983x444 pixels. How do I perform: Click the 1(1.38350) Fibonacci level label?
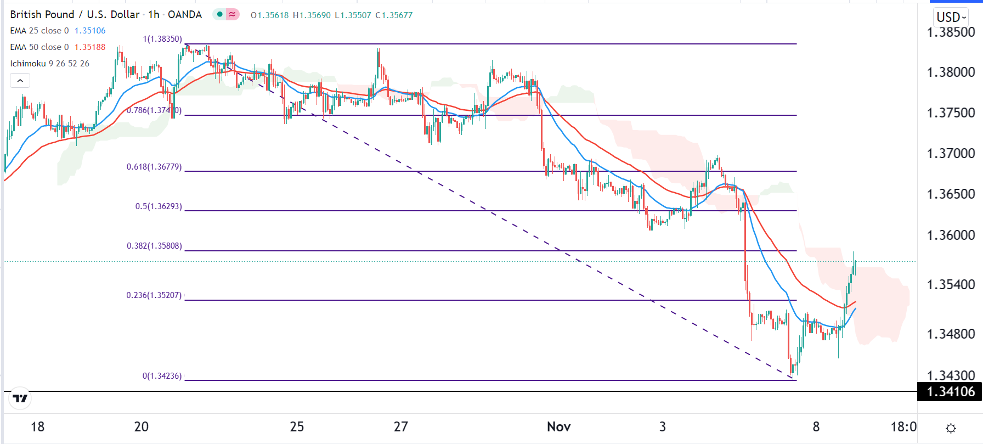pyautogui.click(x=162, y=39)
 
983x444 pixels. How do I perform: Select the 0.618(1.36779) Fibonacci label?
pyautogui.click(x=154, y=167)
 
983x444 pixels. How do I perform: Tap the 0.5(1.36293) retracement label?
pyautogui.click(x=159, y=206)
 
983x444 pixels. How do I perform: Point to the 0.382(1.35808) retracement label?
pyautogui.click(x=154, y=246)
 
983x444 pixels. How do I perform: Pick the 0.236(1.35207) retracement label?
pyautogui.click(x=154, y=295)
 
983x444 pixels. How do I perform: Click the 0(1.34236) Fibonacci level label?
pyautogui.click(x=162, y=376)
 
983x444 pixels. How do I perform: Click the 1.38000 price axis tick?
pyautogui.click(x=951, y=72)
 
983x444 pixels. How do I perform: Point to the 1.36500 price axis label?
pyautogui.click(x=951, y=194)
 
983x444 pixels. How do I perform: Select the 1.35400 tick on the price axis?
pyautogui.click(x=951, y=285)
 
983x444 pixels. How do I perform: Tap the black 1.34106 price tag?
pyautogui.click(x=951, y=392)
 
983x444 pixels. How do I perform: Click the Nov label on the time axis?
pyautogui.click(x=558, y=427)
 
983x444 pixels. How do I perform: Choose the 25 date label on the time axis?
pyautogui.click(x=297, y=427)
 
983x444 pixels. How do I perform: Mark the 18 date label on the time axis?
pyautogui.click(x=37, y=427)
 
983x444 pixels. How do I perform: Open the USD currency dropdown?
pyautogui.click(x=951, y=17)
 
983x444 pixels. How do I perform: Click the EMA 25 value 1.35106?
pyautogui.click(x=90, y=31)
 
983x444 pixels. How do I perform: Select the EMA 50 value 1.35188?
pyautogui.click(x=90, y=47)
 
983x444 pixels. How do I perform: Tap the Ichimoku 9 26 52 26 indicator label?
pyautogui.click(x=49, y=64)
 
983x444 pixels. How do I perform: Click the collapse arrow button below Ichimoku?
pyautogui.click(x=20, y=81)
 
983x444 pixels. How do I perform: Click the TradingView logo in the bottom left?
pyautogui.click(x=20, y=398)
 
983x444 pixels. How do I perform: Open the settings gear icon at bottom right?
pyautogui.click(x=951, y=428)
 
